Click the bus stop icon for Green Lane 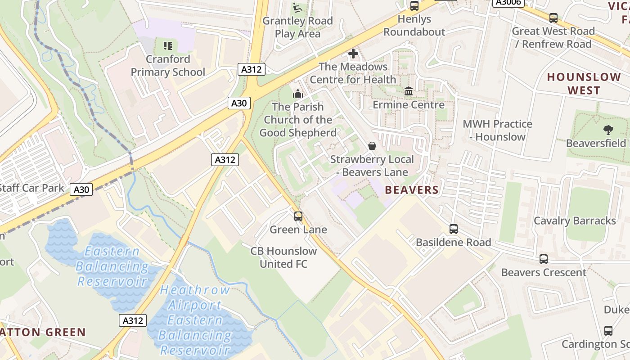tap(298, 216)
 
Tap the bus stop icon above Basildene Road tap(454, 229)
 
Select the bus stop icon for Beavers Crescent tap(544, 259)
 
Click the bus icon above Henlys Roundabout tap(414, 6)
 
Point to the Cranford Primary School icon tap(168, 45)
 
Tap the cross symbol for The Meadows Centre tap(353, 54)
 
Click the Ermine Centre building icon tap(409, 91)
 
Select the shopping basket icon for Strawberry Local tap(372, 146)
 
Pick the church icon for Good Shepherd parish tap(298, 94)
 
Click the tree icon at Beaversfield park tap(608, 130)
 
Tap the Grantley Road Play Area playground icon tap(297, 8)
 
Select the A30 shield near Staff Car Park tap(81, 189)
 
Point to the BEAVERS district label tap(412, 190)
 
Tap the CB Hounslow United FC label tap(283, 257)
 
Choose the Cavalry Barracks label tap(575, 221)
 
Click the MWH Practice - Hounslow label tap(497, 130)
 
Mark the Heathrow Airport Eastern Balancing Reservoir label tap(195, 320)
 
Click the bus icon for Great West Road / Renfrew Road tap(553, 18)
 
